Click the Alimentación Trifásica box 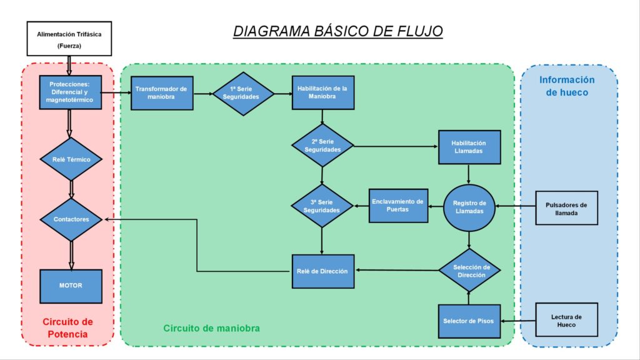69,39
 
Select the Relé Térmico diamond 71,159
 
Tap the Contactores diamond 71,219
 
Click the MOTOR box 71,286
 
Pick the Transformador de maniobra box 162,93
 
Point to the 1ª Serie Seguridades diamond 243,94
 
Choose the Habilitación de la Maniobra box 323,92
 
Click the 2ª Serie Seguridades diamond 322,146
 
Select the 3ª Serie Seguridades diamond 322,206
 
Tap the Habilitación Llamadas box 469,147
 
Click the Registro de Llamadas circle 469,207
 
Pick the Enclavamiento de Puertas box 398,206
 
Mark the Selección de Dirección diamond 470,270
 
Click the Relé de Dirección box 323,271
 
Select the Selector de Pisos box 469,321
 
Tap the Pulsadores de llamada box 566,207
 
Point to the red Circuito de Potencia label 67,328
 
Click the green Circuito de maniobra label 211,328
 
